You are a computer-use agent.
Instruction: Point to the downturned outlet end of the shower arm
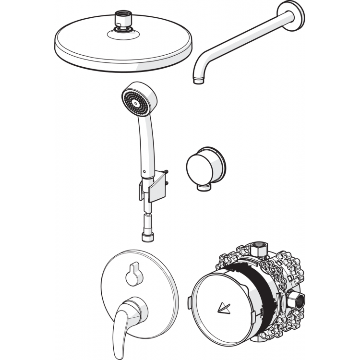(x=197, y=79)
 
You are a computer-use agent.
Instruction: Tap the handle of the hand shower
(x=144, y=144)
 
